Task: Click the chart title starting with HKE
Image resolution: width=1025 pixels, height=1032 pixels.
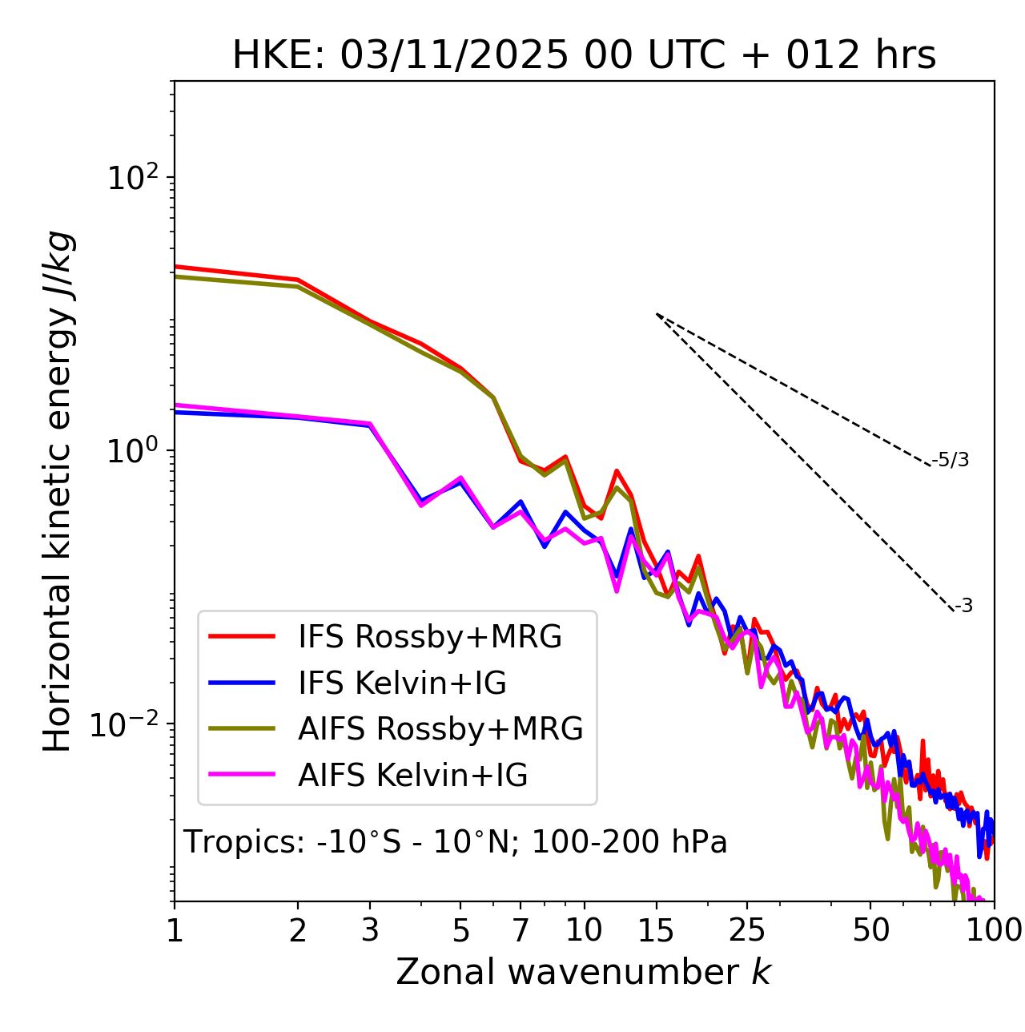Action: click(x=584, y=55)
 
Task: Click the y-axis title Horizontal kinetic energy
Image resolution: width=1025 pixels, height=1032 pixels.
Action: click(x=58, y=491)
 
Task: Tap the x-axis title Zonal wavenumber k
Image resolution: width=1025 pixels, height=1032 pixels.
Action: click(x=584, y=972)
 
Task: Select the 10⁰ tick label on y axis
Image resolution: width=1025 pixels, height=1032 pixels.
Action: click(x=131, y=450)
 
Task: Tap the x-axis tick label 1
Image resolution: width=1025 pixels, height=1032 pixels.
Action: click(x=175, y=930)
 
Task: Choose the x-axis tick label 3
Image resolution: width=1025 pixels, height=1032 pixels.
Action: click(x=370, y=930)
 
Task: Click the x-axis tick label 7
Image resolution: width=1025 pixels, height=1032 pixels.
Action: click(x=521, y=930)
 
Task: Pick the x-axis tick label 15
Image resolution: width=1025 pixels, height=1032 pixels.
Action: click(x=657, y=930)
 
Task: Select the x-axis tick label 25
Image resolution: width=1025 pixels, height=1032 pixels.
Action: click(x=747, y=930)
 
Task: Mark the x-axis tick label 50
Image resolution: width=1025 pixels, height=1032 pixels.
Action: click(x=871, y=930)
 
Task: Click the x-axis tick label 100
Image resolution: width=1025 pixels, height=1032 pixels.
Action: click(x=994, y=930)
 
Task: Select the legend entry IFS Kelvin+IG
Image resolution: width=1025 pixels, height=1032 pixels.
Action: click(x=402, y=683)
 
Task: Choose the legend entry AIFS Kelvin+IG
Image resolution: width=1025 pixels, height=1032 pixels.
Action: click(x=413, y=776)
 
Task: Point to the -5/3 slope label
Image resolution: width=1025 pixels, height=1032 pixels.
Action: click(x=951, y=460)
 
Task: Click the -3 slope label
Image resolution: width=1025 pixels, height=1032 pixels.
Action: click(x=964, y=607)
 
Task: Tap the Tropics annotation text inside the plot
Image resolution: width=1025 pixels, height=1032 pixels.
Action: click(x=456, y=842)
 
